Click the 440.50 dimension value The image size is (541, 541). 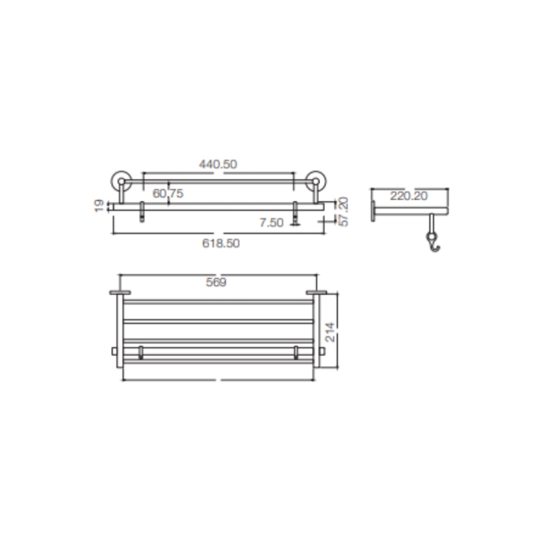coord(218,164)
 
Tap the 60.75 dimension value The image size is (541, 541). coord(168,194)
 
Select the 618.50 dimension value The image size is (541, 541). coord(221,243)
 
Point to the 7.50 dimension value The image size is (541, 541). coord(271,223)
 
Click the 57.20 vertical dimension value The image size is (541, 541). coord(343,212)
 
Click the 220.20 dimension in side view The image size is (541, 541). coord(408,196)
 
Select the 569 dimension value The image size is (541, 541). coord(216,282)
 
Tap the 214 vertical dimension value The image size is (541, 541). coord(330,332)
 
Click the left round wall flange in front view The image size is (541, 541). coord(120,181)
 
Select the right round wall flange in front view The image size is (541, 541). coord(316,181)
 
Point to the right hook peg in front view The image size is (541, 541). coord(295,213)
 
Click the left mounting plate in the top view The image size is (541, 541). coord(120,292)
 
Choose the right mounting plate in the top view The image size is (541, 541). coord(316,292)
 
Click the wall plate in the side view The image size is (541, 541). coord(373,211)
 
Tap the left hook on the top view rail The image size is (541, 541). coord(141,352)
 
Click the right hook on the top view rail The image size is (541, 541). coord(296,352)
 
